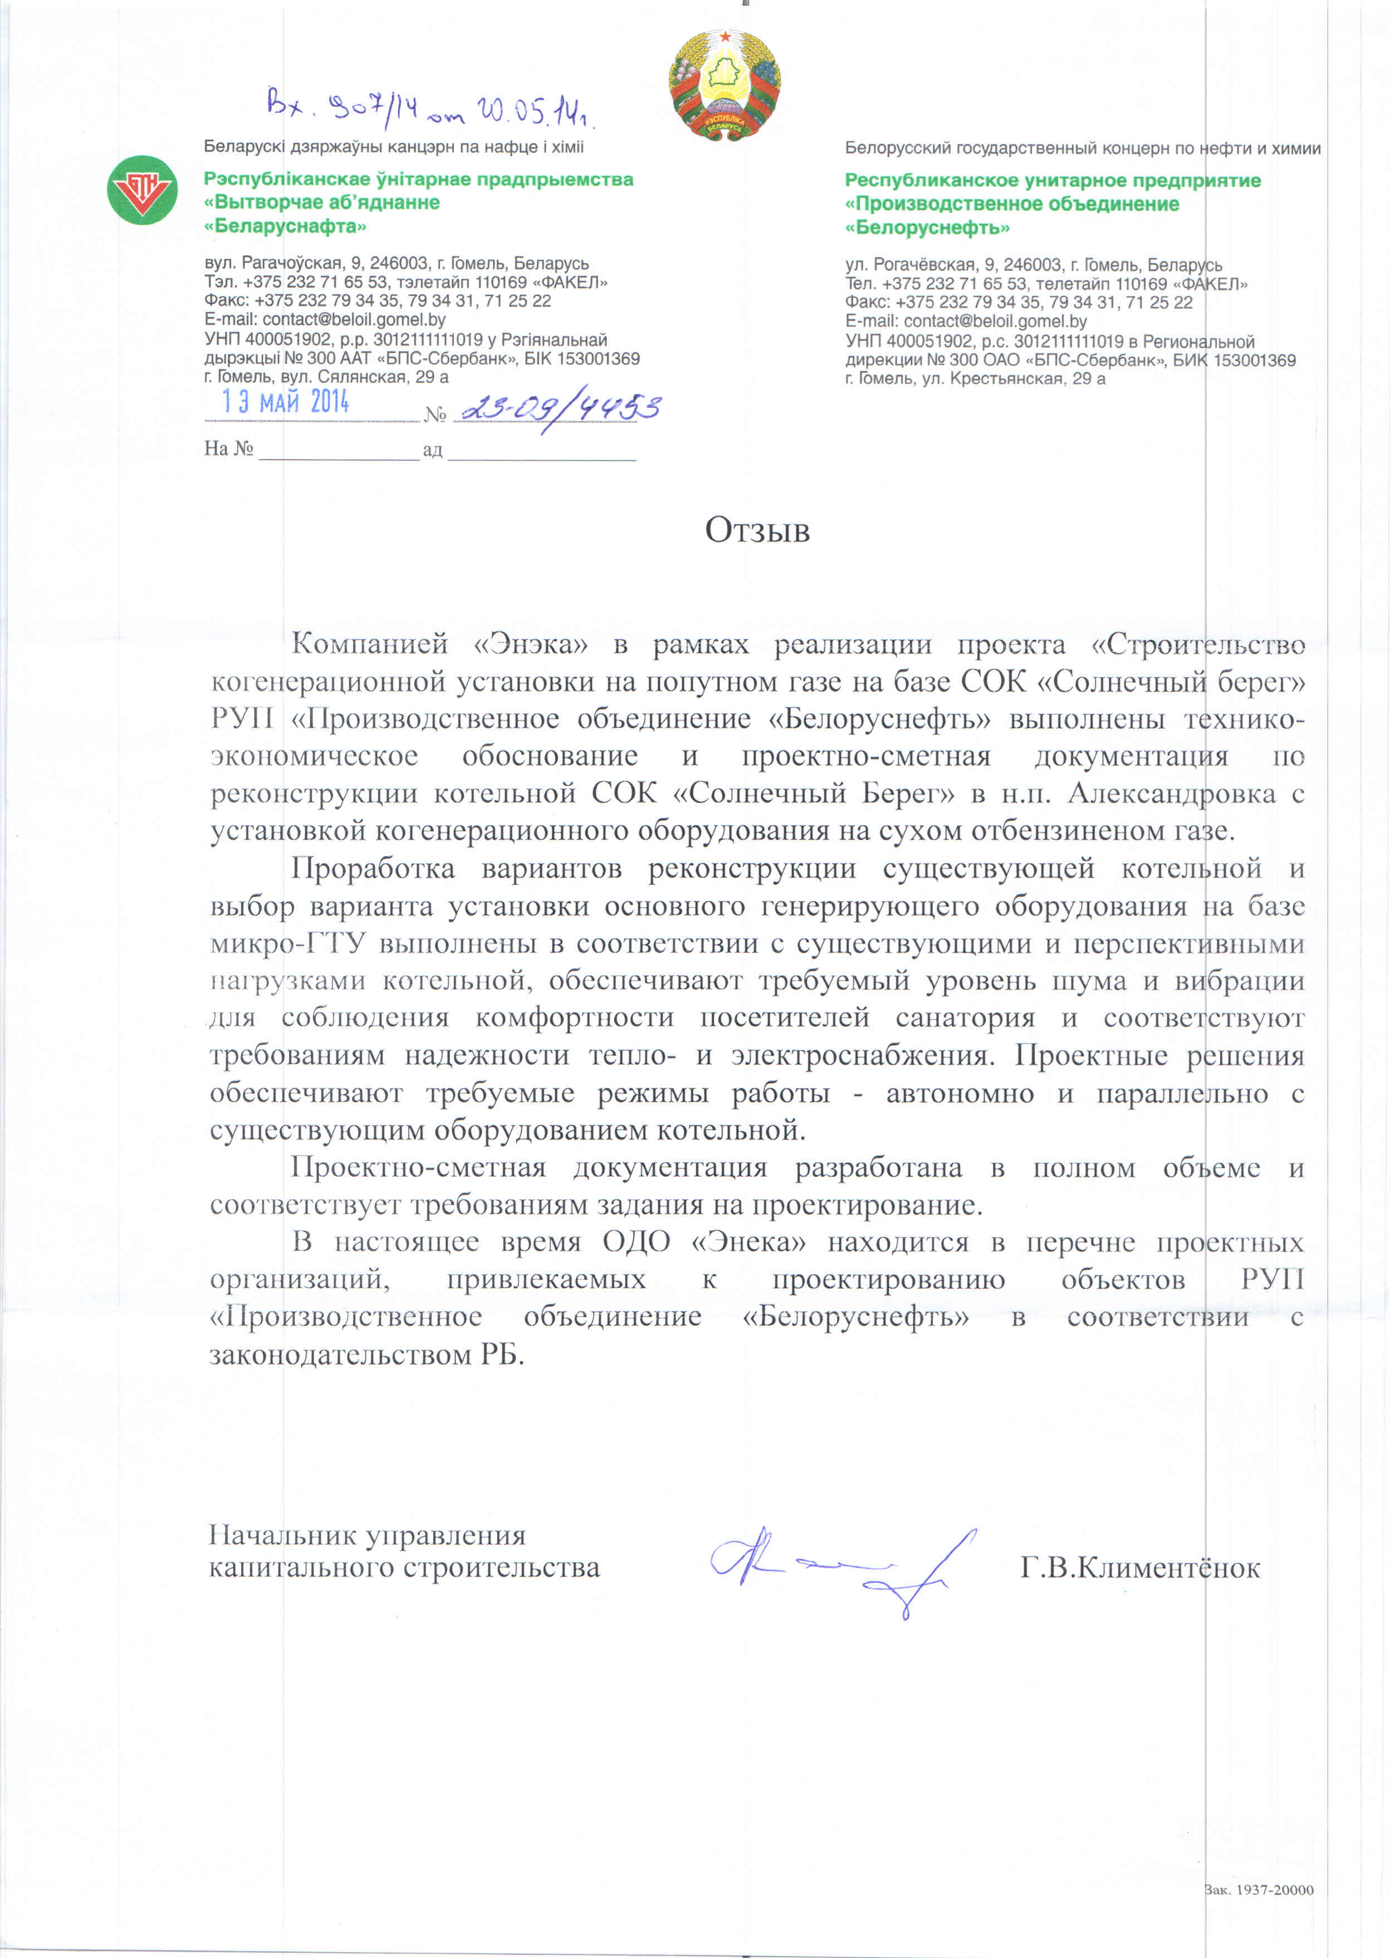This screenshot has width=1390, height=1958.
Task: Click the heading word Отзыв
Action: (757, 531)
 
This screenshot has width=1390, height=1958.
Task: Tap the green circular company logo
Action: (142, 190)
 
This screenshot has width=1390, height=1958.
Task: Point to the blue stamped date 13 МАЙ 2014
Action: (286, 402)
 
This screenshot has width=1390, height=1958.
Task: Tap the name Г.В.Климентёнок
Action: (1140, 1569)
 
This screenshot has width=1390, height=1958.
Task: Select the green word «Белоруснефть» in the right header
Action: (927, 228)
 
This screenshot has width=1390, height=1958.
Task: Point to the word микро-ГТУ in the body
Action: (288, 943)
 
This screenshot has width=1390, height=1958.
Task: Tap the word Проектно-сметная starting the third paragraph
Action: (418, 1168)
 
